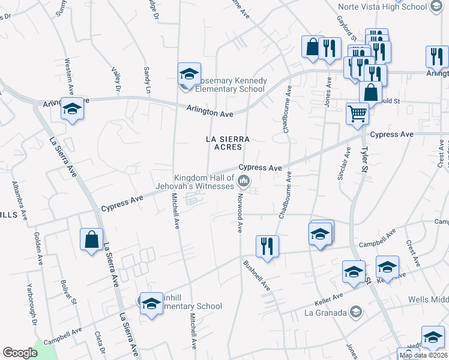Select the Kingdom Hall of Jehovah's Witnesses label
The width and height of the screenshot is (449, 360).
[x=203, y=181]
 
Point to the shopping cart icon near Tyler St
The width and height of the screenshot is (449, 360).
[x=357, y=113]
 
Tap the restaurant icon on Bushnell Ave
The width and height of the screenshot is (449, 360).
[x=267, y=245]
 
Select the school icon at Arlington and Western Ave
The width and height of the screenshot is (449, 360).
[x=72, y=109]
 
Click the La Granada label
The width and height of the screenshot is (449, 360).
[x=325, y=313]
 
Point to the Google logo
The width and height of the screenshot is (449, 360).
[x=20, y=353]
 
